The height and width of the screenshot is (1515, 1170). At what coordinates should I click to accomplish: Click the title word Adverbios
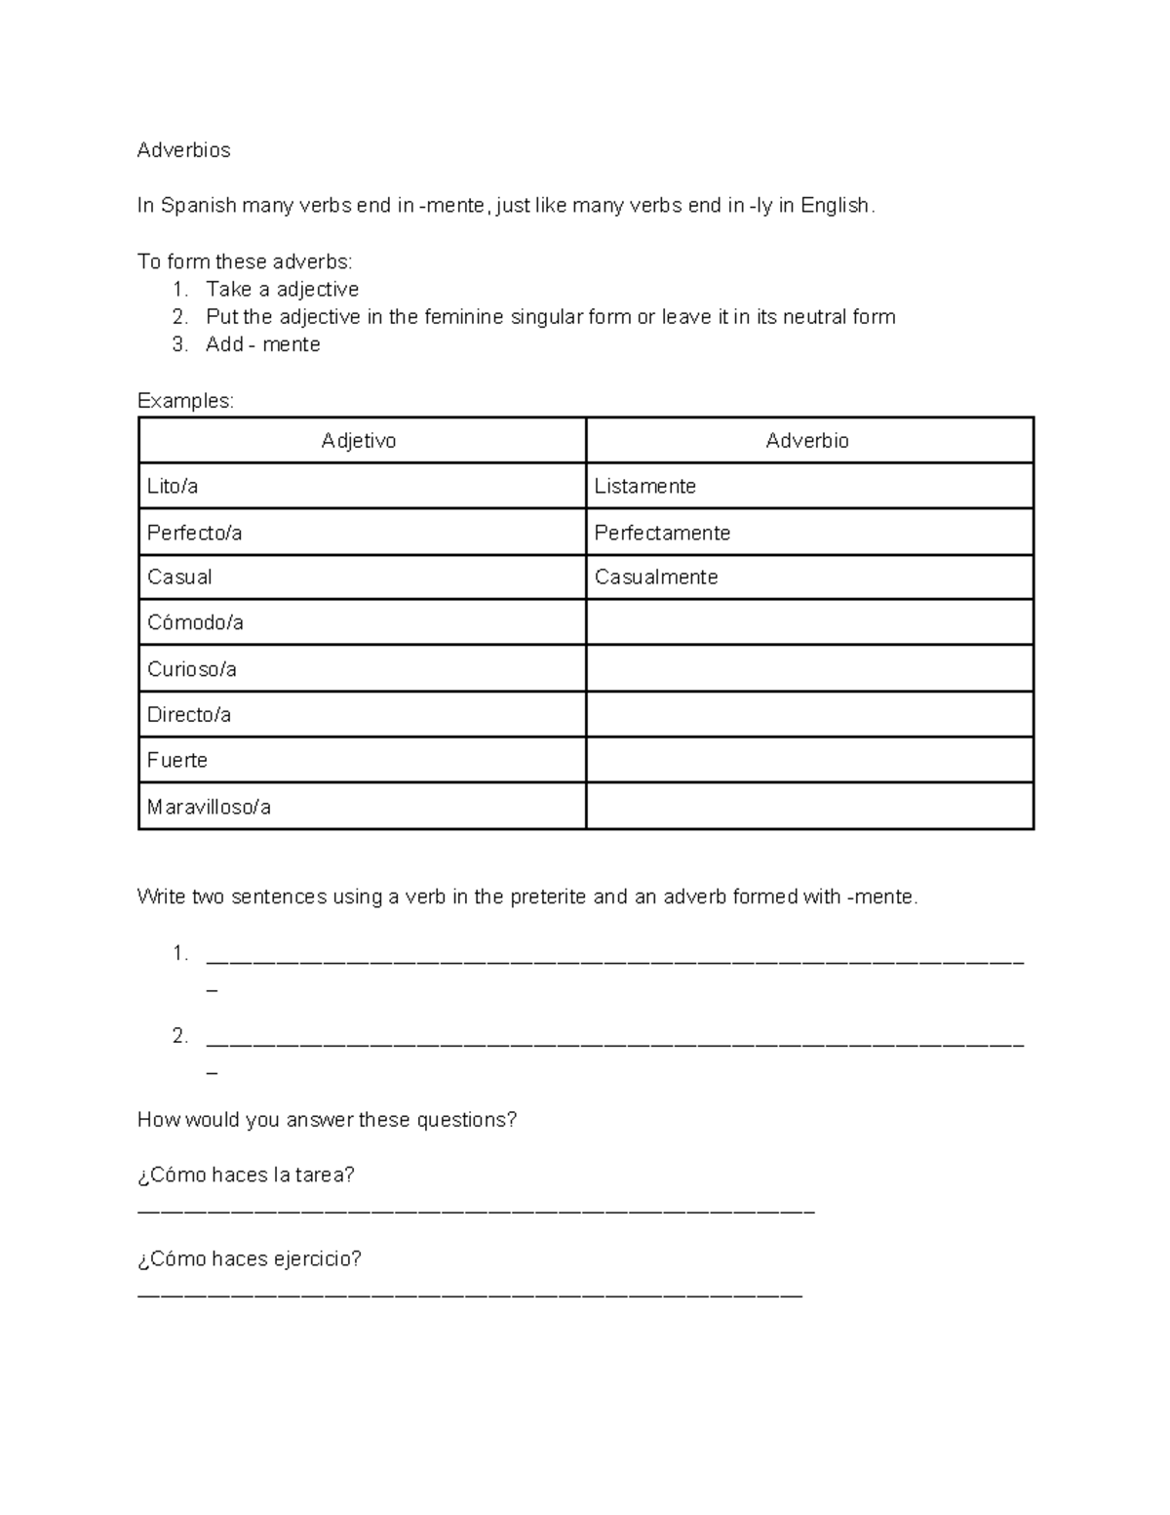click(x=183, y=150)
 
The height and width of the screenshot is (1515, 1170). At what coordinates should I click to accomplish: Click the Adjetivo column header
click(x=359, y=441)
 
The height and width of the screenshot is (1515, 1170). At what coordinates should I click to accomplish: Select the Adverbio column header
click(x=807, y=441)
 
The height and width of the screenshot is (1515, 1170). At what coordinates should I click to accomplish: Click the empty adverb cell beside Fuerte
click(x=809, y=760)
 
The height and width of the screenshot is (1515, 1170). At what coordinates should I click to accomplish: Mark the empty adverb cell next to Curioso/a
click(x=809, y=668)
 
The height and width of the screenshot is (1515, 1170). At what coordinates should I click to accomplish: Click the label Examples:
click(x=185, y=401)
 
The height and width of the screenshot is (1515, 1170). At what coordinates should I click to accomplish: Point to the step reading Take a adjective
click(x=282, y=290)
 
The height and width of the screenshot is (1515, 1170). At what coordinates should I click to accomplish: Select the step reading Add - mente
click(x=262, y=344)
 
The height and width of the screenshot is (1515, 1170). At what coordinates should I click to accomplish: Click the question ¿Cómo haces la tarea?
click(x=246, y=1176)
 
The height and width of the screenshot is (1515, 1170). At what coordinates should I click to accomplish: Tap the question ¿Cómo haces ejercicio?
click(x=250, y=1259)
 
